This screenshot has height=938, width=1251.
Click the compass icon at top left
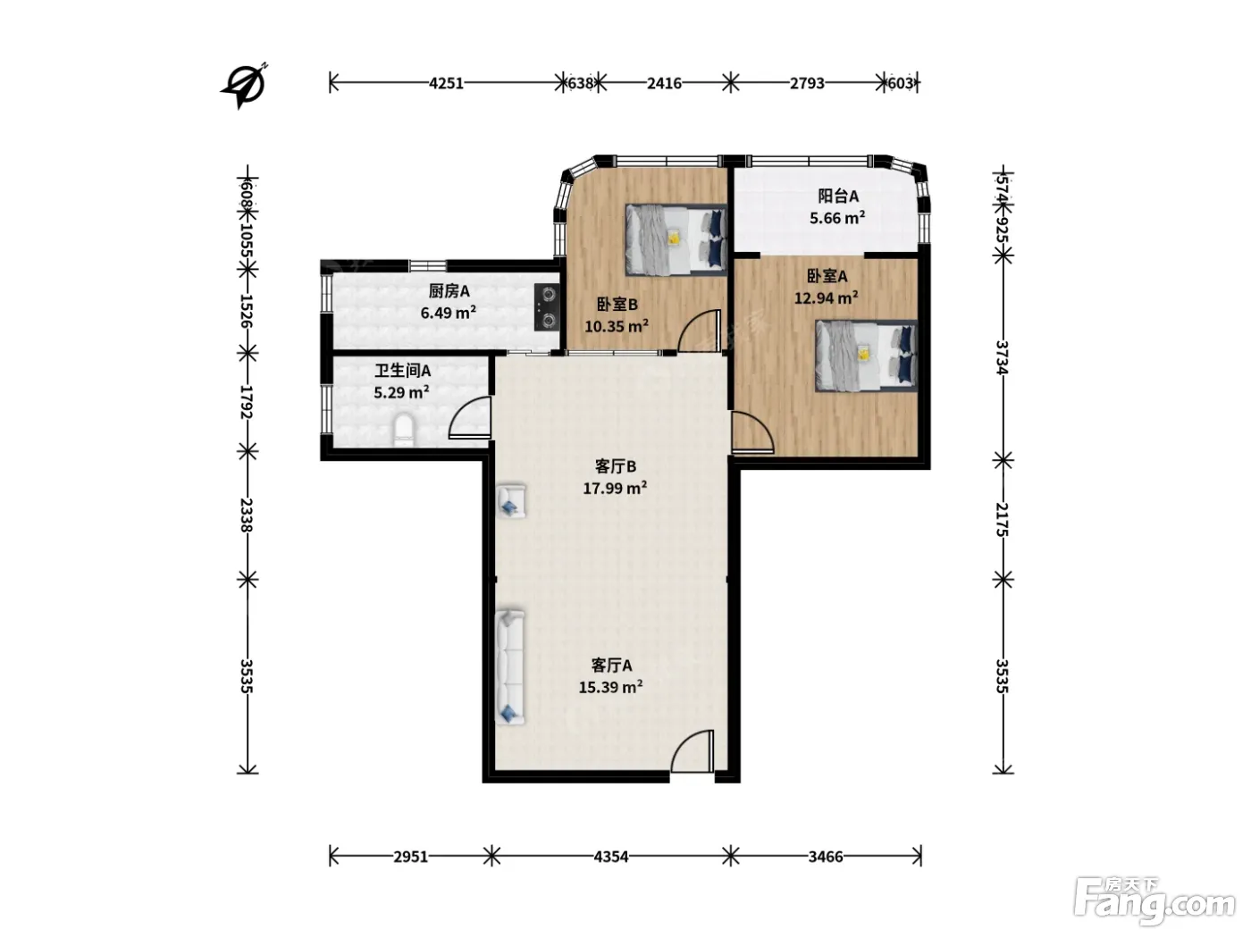click(x=245, y=86)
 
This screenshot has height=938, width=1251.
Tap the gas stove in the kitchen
click(x=548, y=308)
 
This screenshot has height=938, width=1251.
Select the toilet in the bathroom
click(x=405, y=431)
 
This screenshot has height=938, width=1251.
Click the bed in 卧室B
click(x=676, y=239)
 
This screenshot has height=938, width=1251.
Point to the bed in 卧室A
click(x=866, y=356)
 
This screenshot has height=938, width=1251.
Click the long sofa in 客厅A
click(x=510, y=667)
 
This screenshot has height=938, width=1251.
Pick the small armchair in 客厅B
click(x=511, y=501)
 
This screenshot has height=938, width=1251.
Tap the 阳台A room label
click(x=838, y=197)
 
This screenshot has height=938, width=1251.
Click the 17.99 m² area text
click(x=615, y=489)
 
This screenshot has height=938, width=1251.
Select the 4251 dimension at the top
click(x=446, y=84)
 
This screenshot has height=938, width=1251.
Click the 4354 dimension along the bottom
click(x=611, y=857)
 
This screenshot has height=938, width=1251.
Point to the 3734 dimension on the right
click(x=1003, y=357)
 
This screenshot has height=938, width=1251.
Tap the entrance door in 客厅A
click(x=693, y=751)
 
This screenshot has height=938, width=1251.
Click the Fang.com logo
click(x=1154, y=901)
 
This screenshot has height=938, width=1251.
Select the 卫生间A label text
click(x=402, y=371)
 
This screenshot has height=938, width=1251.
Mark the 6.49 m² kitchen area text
click(x=449, y=313)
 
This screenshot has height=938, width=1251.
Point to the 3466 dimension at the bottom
click(x=826, y=857)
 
